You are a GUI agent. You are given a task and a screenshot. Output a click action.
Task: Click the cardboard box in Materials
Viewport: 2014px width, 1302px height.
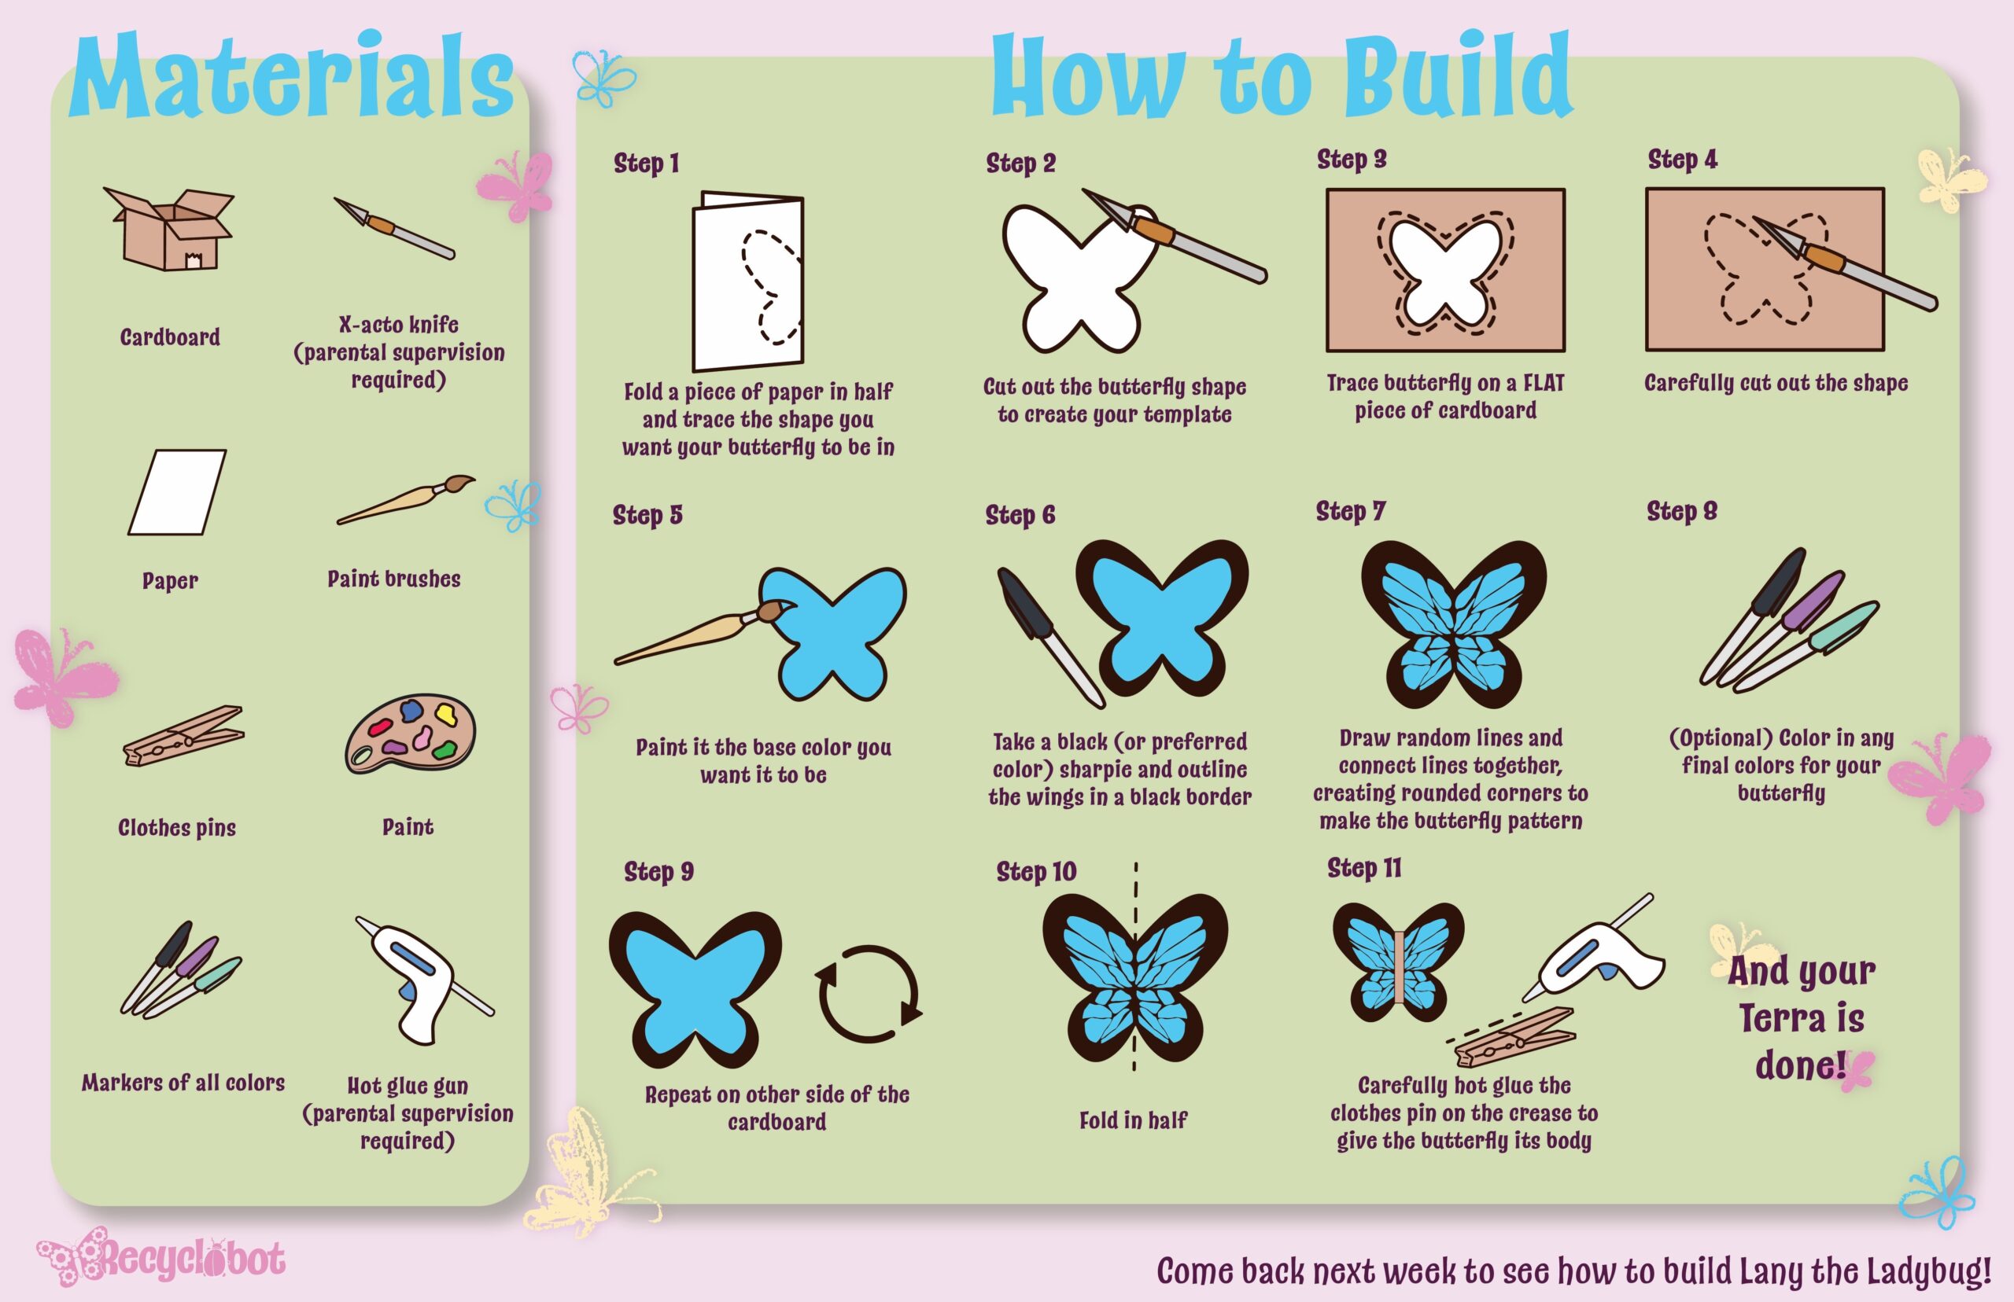tap(169, 229)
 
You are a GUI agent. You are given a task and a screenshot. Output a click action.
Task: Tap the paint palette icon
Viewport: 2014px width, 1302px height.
tap(410, 734)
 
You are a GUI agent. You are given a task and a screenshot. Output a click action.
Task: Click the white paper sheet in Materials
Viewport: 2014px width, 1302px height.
tap(178, 492)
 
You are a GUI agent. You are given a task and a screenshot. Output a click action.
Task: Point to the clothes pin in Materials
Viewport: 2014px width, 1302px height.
tap(183, 734)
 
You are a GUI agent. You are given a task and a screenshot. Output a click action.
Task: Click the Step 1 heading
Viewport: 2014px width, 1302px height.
tap(646, 164)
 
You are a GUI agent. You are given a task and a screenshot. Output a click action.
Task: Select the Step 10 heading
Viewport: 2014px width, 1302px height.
tap(1036, 871)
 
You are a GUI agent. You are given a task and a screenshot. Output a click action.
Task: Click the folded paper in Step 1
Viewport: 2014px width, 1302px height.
tap(747, 281)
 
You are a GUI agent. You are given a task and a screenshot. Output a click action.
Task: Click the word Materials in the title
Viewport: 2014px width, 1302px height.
tap(293, 76)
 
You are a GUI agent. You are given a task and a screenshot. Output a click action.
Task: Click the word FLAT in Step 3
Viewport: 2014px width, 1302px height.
tap(1544, 383)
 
